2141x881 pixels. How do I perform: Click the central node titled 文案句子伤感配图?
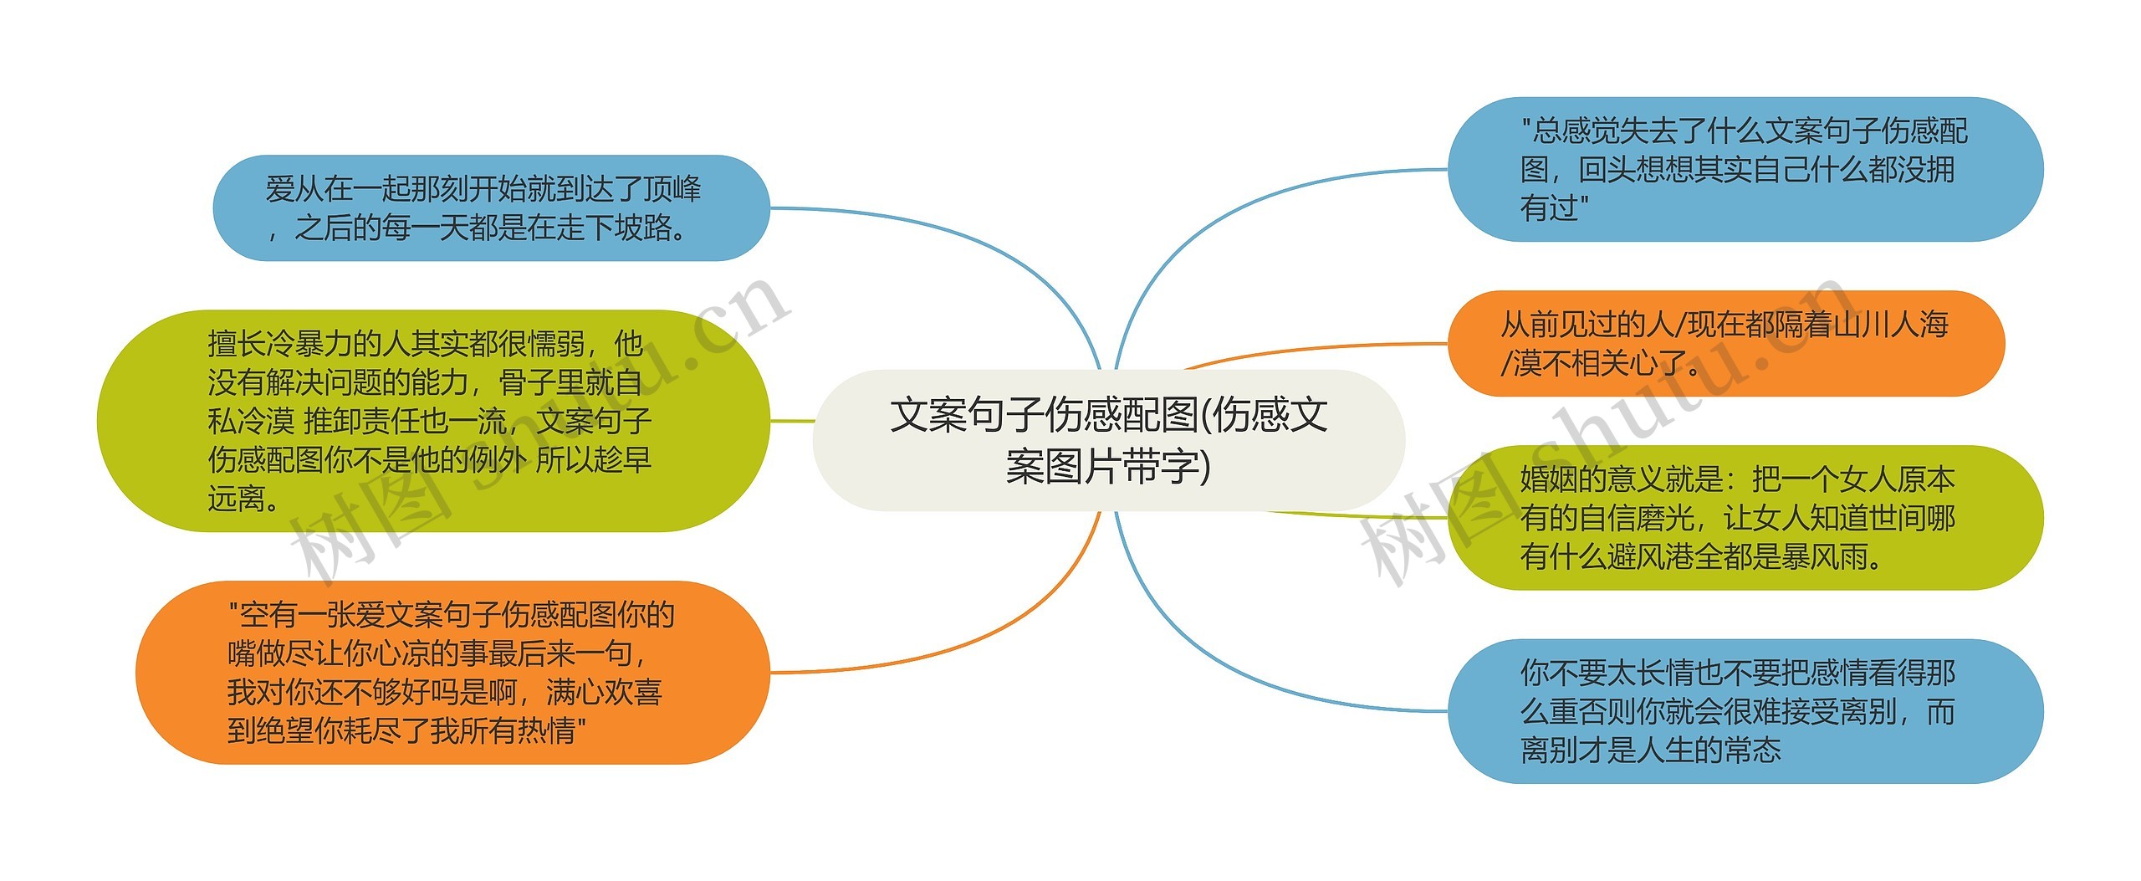coord(1108,440)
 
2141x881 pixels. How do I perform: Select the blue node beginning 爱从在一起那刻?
coord(490,207)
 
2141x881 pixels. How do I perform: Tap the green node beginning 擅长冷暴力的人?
coord(432,421)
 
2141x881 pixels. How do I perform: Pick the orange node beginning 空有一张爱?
coord(452,673)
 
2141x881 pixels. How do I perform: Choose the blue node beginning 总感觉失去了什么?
coord(1745,169)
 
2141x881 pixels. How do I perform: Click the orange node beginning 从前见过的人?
coord(1725,343)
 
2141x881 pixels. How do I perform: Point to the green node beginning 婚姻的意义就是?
coord(1745,518)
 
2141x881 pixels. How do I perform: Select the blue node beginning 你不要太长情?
coord(1745,711)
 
